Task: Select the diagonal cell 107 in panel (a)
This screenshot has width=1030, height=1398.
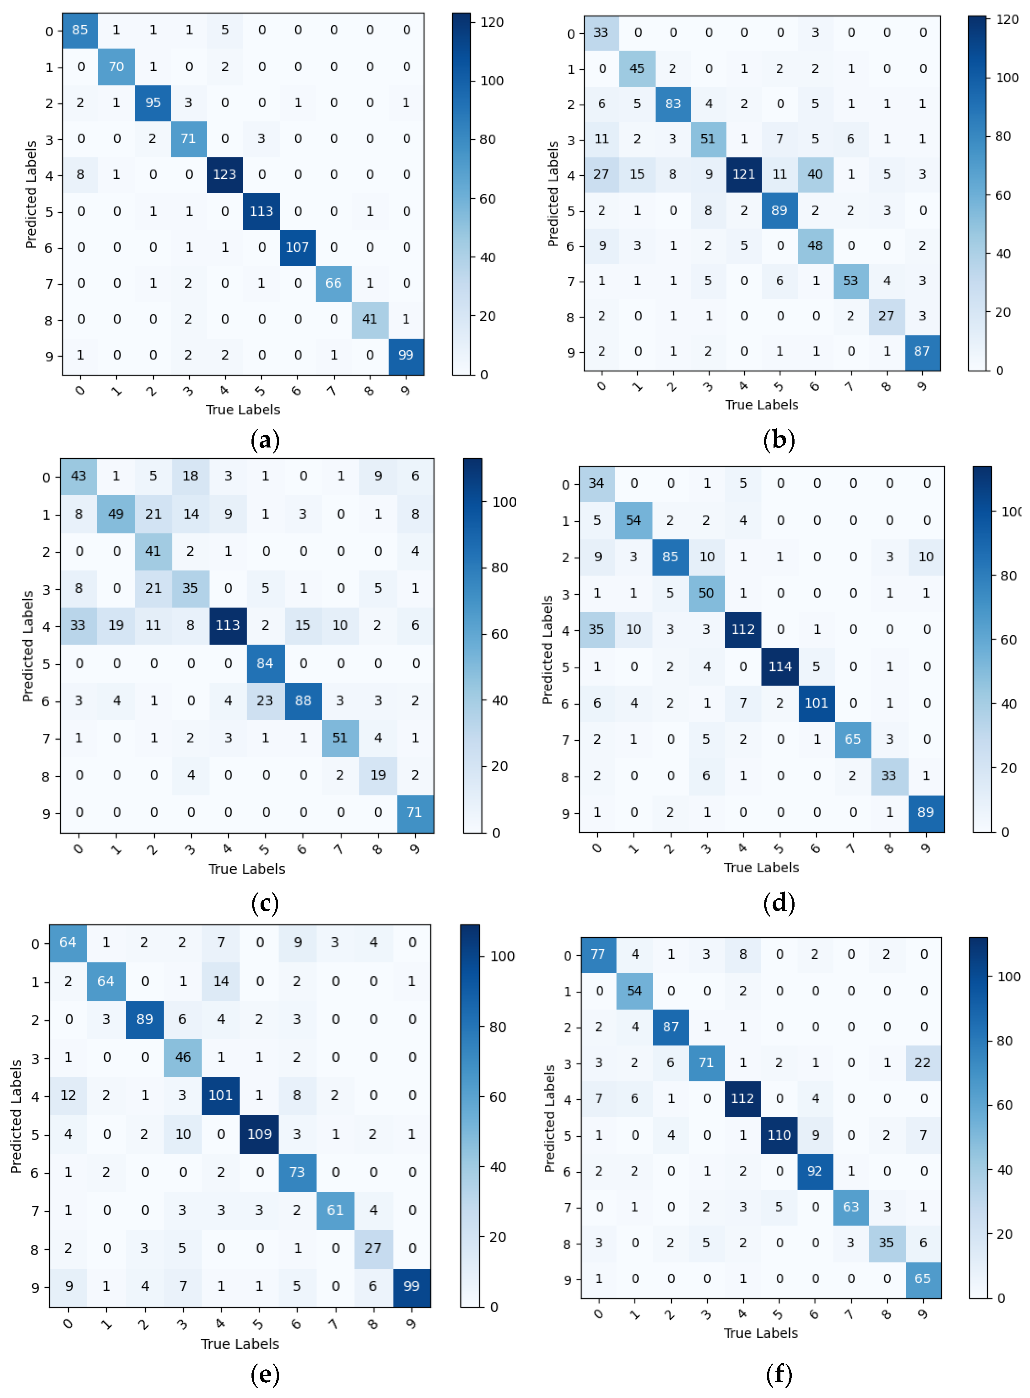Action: [297, 248]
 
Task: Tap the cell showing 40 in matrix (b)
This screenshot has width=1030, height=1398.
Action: [815, 174]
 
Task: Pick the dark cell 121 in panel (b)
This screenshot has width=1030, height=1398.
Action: [743, 174]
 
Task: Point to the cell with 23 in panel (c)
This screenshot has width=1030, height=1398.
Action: [265, 700]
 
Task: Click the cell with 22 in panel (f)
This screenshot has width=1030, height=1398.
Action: [922, 1063]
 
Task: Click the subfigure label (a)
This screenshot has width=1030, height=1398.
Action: [265, 441]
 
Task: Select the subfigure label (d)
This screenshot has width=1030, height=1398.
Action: [779, 903]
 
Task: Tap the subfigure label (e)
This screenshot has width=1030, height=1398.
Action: [265, 1374]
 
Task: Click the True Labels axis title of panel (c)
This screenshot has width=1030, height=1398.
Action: [246, 869]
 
